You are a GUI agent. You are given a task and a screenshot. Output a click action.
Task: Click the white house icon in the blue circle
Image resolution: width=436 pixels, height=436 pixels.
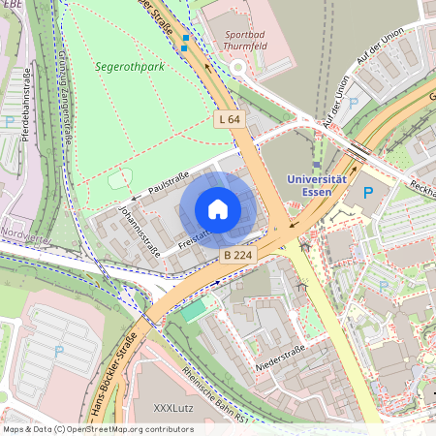coord(218,209)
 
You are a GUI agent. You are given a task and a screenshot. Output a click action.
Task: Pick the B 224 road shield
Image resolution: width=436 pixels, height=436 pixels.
coord(237,255)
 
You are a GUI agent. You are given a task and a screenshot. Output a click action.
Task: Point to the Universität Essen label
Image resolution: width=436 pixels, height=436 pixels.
coord(317,186)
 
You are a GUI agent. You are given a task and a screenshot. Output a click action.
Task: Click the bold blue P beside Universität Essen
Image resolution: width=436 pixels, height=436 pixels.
coord(367,194)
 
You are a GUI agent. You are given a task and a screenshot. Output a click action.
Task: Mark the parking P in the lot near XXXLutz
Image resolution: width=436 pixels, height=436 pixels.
coord(59,351)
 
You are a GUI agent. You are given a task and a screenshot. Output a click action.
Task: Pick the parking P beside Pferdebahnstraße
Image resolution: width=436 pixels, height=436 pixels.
coord(10,122)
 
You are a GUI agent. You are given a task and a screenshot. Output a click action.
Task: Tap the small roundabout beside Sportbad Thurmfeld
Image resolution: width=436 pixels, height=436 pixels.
coord(238,67)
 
